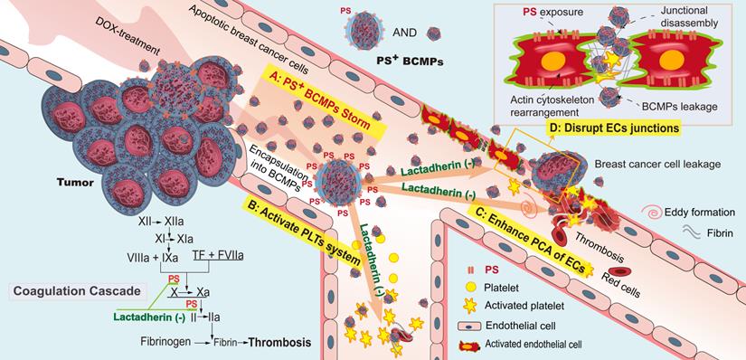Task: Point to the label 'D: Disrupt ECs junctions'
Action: pyautogui.click(x=614, y=128)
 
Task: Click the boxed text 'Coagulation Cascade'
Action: pyautogui.click(x=76, y=291)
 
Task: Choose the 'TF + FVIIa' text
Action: pyautogui.click(x=223, y=257)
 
